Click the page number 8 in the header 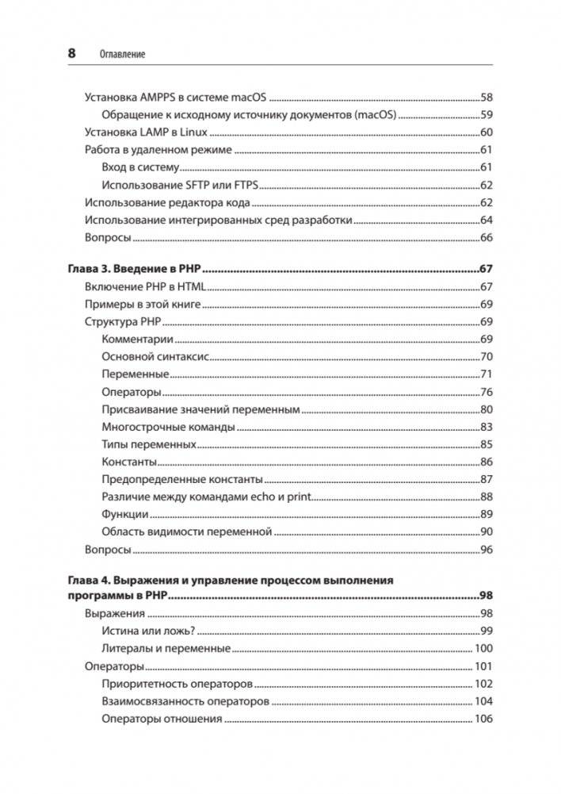[72, 54]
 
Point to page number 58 [487, 98]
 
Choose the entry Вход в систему [141, 167]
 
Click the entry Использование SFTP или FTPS [181, 185]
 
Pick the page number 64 [487, 220]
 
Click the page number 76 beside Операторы [487, 392]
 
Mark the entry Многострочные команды [168, 427]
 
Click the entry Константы [130, 462]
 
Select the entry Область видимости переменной [187, 531]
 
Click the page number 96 [487, 549]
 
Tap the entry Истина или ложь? [148, 631]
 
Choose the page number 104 [483, 701]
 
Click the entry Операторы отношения [162, 719]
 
